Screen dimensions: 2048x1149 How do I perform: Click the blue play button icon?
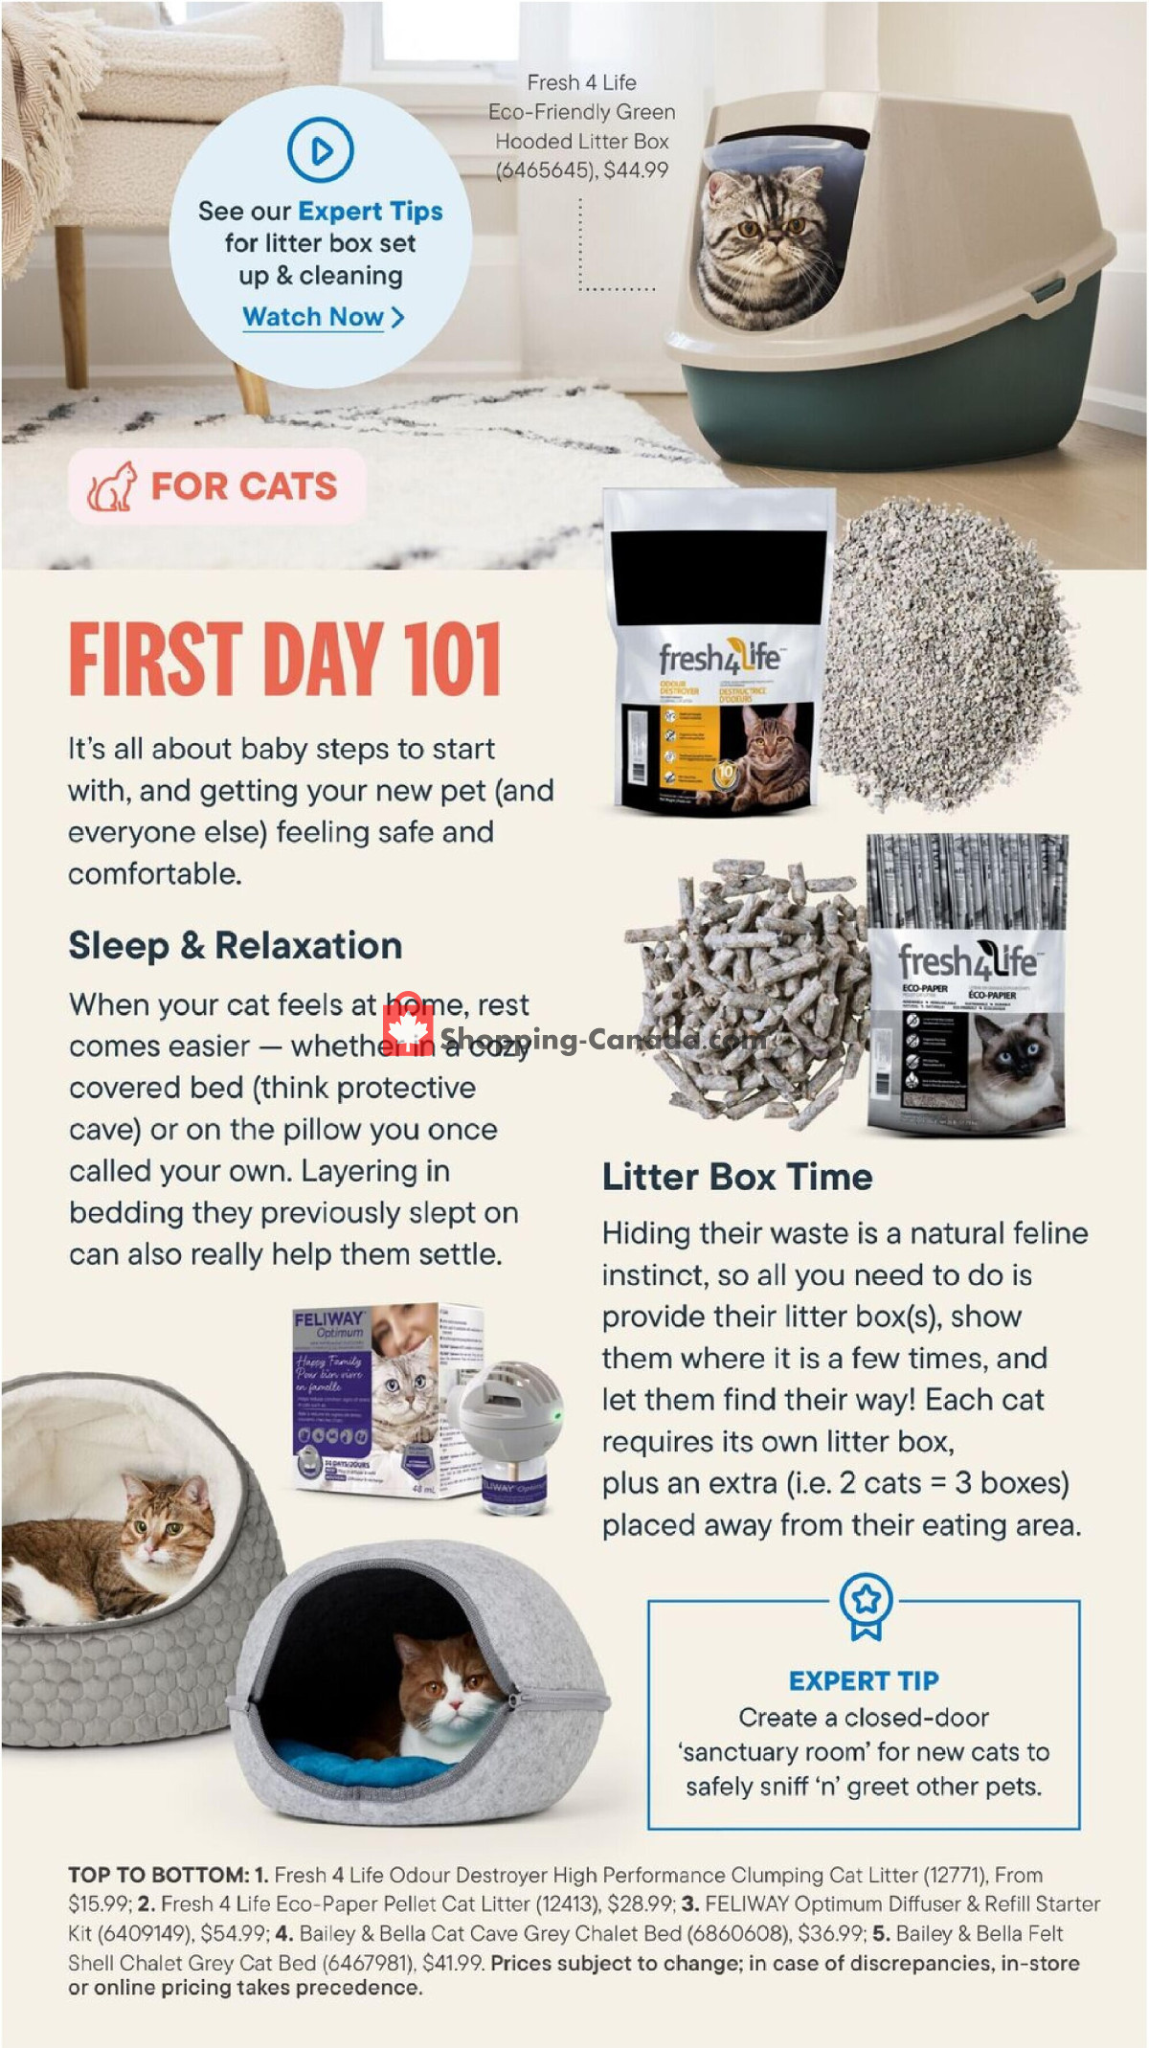click(320, 149)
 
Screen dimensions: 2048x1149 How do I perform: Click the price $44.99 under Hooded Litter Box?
click(636, 170)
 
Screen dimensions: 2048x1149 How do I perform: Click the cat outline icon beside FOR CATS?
click(113, 486)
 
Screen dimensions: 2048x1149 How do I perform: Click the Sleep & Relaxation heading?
click(235, 945)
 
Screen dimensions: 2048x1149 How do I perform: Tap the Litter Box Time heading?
click(736, 1177)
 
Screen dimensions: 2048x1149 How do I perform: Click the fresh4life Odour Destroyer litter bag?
click(718, 661)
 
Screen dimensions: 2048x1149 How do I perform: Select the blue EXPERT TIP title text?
click(864, 1680)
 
